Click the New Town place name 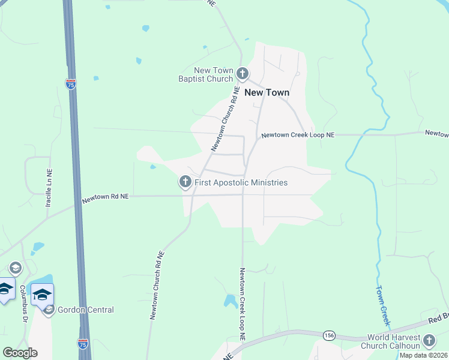point(267,92)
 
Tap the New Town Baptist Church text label point(205,74)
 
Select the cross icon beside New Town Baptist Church point(243,74)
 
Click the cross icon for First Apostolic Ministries point(185,181)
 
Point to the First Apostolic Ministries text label point(241,182)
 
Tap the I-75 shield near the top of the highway point(71,84)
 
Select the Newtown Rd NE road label point(106,197)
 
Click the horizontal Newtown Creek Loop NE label point(297,136)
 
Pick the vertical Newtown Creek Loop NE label point(243,305)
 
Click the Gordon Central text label point(86,310)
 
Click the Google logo point(20,353)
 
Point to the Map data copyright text point(424,355)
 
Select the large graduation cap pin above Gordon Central point(43,295)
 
